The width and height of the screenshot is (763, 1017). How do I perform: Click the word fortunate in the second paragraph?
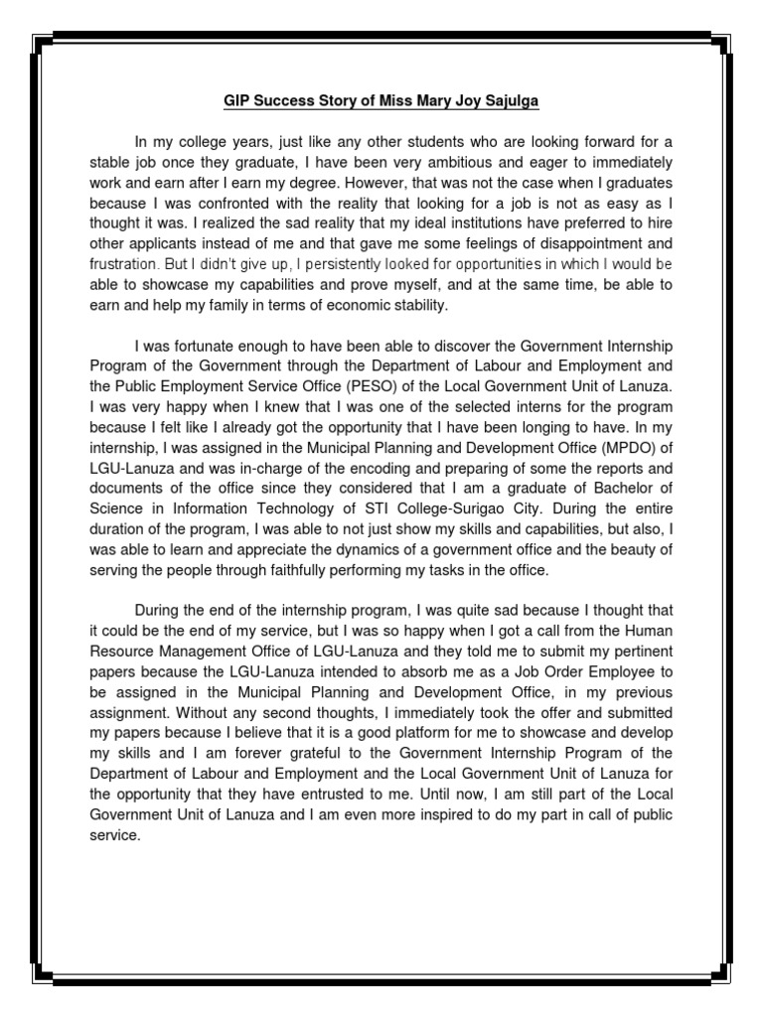pos(210,346)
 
